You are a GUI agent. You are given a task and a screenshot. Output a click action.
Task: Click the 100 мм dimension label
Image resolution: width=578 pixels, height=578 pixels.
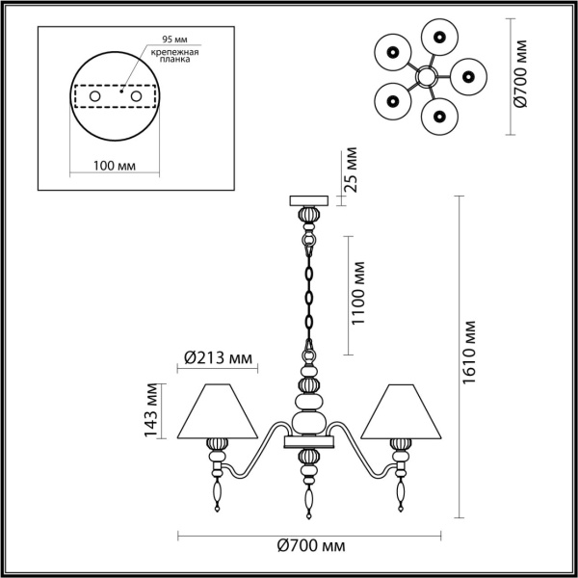point(115,166)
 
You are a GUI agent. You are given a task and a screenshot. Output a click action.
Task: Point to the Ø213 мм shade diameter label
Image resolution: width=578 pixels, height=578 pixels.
point(218,359)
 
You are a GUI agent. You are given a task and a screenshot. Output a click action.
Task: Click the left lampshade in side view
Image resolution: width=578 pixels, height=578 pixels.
point(220,409)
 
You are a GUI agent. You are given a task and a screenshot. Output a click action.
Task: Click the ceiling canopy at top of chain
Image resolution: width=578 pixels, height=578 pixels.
point(308,200)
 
